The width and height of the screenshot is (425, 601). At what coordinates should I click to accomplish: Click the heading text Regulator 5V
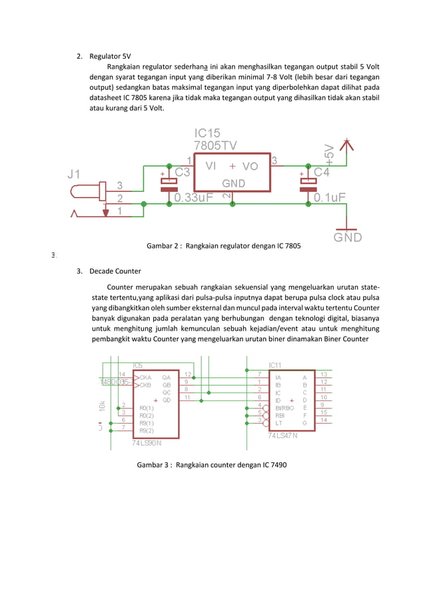[111, 56]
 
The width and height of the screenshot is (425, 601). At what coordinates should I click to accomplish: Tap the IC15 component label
[207, 133]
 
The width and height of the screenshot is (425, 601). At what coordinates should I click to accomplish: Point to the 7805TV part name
[215, 145]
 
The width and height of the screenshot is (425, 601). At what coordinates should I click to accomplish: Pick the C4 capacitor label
[321, 172]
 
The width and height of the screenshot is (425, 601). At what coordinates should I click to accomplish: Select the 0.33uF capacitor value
[193, 197]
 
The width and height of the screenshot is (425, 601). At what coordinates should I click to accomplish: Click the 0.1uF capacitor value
[329, 197]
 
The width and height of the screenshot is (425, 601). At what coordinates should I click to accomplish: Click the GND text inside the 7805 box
[232, 183]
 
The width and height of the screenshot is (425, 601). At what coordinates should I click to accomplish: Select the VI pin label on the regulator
[211, 166]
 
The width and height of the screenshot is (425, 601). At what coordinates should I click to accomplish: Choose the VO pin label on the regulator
[250, 166]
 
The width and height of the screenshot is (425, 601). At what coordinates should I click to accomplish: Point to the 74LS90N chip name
[149, 443]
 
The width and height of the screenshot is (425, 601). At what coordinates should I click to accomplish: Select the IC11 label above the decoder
[275, 365]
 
